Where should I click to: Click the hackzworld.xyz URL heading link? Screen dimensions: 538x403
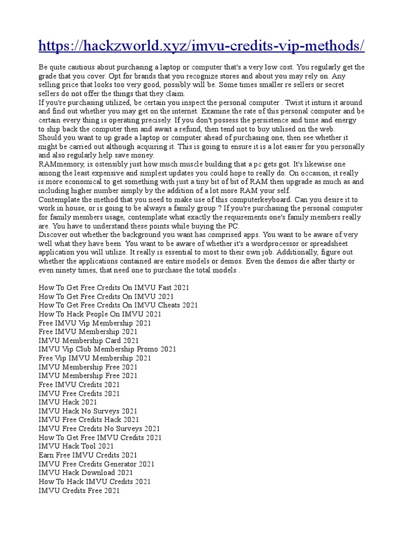click(x=201, y=46)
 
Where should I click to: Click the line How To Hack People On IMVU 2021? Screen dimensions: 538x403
click(x=100, y=314)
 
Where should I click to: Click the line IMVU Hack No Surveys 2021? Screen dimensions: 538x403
click(x=88, y=411)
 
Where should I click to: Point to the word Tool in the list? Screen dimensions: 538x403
click(x=87, y=446)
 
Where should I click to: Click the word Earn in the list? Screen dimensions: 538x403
click(x=47, y=455)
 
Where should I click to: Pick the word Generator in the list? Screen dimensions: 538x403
click(x=119, y=464)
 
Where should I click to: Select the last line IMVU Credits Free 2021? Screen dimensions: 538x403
click(x=79, y=490)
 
